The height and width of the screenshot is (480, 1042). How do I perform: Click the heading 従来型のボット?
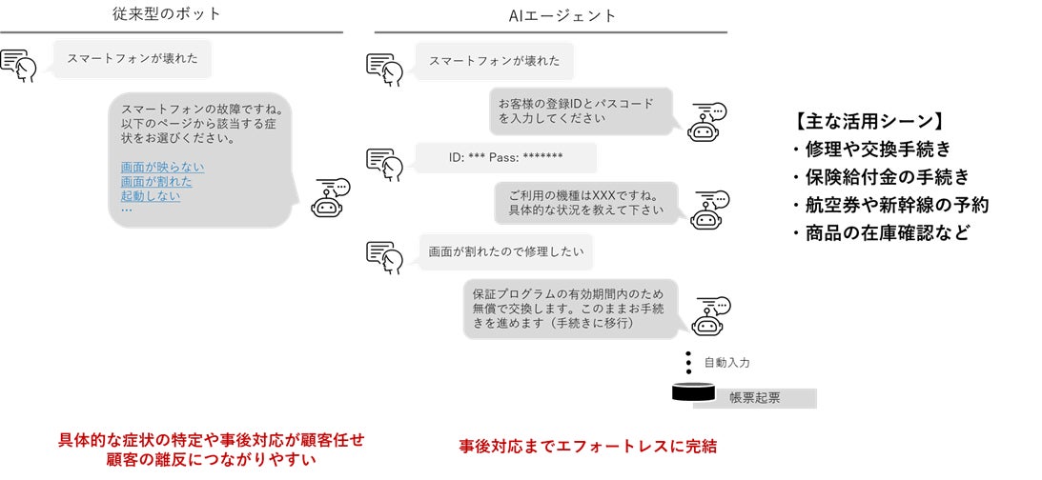coord(172,15)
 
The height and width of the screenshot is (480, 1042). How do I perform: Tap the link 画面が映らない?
coord(162,168)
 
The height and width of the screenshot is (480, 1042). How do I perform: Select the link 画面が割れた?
coord(156,182)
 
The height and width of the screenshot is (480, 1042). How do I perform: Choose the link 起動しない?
coord(151,196)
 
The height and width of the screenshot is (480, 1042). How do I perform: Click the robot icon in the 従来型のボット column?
coord(331,199)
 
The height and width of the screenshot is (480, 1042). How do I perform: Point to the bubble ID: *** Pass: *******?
coord(505,158)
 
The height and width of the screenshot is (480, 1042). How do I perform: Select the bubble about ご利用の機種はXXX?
coord(585,202)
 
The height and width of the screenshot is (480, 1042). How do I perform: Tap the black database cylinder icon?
coord(693,391)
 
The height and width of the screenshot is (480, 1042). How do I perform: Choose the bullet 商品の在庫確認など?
coord(878,231)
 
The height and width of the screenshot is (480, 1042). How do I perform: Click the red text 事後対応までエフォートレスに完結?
coord(587,446)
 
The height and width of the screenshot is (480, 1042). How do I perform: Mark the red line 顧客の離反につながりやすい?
coord(212,459)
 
